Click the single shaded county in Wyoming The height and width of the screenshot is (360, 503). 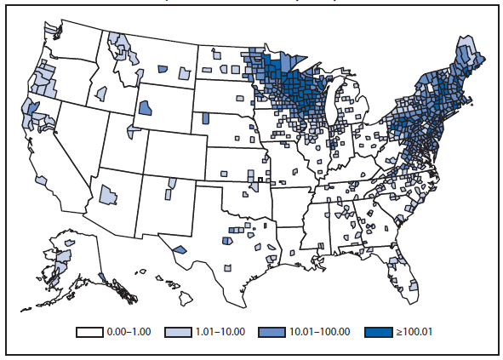[145, 108]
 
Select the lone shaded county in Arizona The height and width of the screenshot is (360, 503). [107, 194]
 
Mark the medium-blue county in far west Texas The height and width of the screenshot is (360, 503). [180, 249]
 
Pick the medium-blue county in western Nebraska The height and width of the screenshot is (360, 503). [205, 119]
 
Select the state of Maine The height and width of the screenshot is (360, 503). [468, 60]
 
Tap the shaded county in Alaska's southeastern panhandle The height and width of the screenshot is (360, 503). [103, 276]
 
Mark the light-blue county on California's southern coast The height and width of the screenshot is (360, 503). [41, 180]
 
